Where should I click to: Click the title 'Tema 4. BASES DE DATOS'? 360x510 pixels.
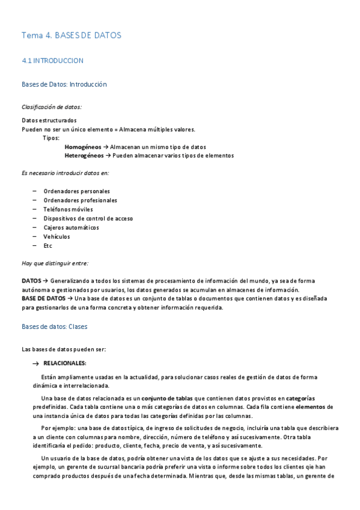tap(71, 35)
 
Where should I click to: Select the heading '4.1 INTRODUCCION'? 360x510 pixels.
tap(52, 61)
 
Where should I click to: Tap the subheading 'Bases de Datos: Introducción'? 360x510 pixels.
tap(64, 84)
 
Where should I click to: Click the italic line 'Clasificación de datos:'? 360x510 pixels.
tap(52, 107)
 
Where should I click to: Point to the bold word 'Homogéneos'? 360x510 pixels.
tap(83, 147)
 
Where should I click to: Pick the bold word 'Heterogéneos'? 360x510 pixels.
tap(84, 156)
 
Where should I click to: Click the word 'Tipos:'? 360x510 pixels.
tap(51, 138)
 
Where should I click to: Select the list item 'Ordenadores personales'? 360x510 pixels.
tap(76, 191)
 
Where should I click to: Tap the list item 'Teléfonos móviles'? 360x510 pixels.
tap(69, 209)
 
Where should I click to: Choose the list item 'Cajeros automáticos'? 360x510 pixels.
tap(72, 227)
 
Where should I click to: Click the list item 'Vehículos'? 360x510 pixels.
tap(56, 237)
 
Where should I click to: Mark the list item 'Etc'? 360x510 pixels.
tap(48, 246)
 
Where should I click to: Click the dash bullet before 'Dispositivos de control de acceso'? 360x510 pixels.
tap(34, 218)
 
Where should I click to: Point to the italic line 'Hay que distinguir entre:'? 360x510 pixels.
tap(55, 263)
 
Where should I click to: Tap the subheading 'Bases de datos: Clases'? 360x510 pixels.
tap(54, 327)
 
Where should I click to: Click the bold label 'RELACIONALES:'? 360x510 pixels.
tap(65, 363)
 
